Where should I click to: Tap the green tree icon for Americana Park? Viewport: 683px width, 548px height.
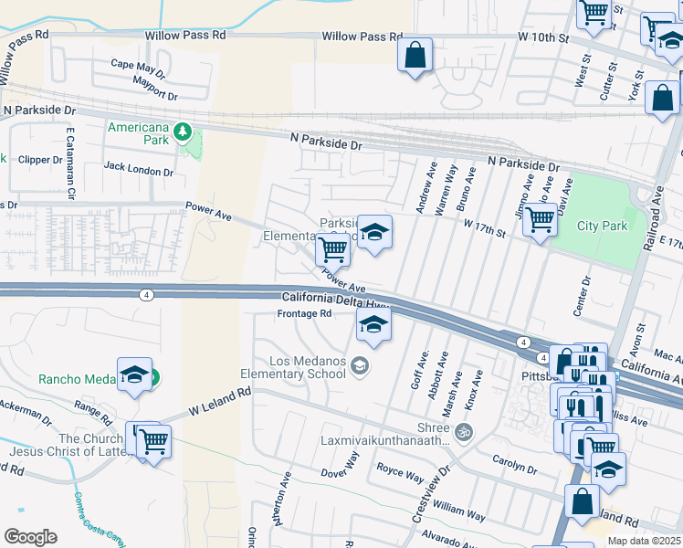coord(183,132)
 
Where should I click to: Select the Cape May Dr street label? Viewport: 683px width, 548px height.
coord(138,64)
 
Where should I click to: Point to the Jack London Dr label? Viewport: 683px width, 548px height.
coord(138,169)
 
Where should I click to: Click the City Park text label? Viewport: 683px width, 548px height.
coord(602,226)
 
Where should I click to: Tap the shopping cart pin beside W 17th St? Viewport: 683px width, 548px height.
coord(540,219)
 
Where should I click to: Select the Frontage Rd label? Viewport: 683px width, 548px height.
coord(304,313)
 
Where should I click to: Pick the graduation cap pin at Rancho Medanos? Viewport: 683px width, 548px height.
coord(135,374)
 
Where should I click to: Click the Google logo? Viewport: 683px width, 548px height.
coord(30,536)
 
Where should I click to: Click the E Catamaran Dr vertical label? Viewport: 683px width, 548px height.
coord(69,164)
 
